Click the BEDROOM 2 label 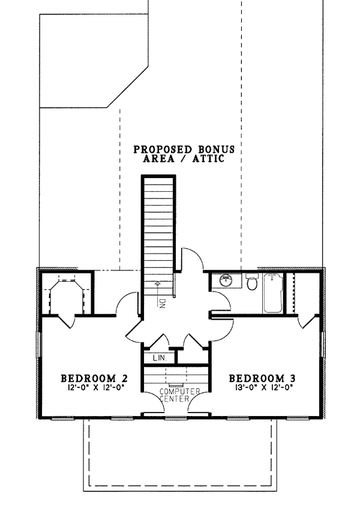pyautogui.click(x=94, y=378)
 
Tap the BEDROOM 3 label pyautogui.click(x=262, y=378)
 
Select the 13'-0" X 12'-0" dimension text pyautogui.click(x=262, y=387)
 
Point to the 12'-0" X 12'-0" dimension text pyautogui.click(x=94, y=387)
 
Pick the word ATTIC pyautogui.click(x=208, y=159)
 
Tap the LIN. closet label pyautogui.click(x=160, y=358)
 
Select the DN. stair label pyautogui.click(x=163, y=304)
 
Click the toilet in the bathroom pyautogui.click(x=251, y=281)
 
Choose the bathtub pyautogui.click(x=273, y=293)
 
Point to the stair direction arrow pyautogui.click(x=158, y=288)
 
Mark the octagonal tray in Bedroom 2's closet pyautogui.click(x=67, y=297)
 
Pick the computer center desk pyautogui.click(x=176, y=375)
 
